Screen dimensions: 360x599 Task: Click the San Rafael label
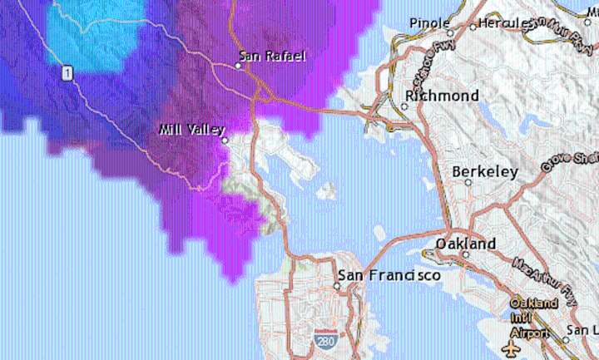tap(272, 57)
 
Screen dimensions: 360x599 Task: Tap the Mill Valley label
tap(191, 131)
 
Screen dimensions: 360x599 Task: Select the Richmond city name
tap(441, 96)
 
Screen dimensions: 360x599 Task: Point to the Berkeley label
tap(485, 172)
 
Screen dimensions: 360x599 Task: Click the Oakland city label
tap(466, 244)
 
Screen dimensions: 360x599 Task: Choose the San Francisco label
tap(389, 274)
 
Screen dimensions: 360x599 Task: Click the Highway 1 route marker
tap(67, 74)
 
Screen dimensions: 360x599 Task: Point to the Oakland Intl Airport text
tap(533, 317)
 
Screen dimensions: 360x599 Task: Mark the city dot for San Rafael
tap(238, 66)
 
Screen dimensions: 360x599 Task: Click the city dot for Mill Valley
tap(225, 141)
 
